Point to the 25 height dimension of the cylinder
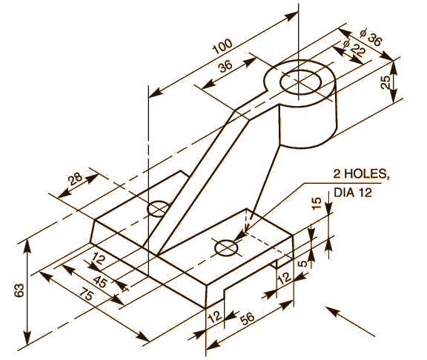[386, 81]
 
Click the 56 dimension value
[247, 318]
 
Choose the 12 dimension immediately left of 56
[213, 316]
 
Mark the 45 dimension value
[100, 283]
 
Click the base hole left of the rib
[158, 209]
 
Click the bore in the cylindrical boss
[299, 80]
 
